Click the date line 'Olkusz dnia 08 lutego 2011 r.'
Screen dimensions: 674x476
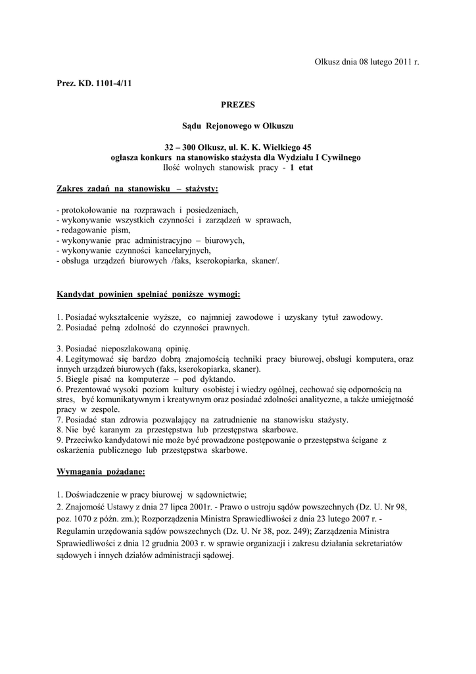[367, 62]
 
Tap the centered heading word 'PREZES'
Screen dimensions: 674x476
[237, 105]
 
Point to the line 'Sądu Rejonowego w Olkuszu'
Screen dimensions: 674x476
[237, 125]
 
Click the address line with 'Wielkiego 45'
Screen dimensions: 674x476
[237, 147]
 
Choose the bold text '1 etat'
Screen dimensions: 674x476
[302, 168]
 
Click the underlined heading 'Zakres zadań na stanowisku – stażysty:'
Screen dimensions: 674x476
[137, 189]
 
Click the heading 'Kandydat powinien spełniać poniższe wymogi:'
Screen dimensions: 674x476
[148, 294]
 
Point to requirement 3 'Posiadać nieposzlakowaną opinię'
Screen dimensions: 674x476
[124, 348]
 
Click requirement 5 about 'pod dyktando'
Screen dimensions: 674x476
[146, 379]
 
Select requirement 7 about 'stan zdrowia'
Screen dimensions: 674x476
[203, 419]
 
